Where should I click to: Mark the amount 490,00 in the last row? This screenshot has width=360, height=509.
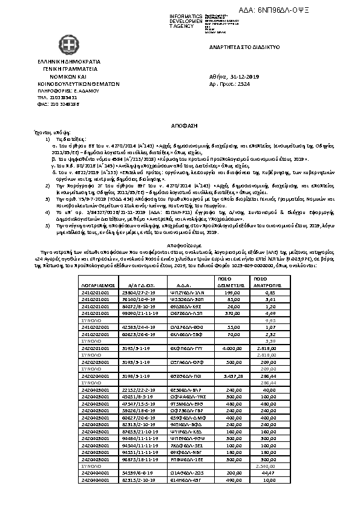[x=234, y=481]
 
